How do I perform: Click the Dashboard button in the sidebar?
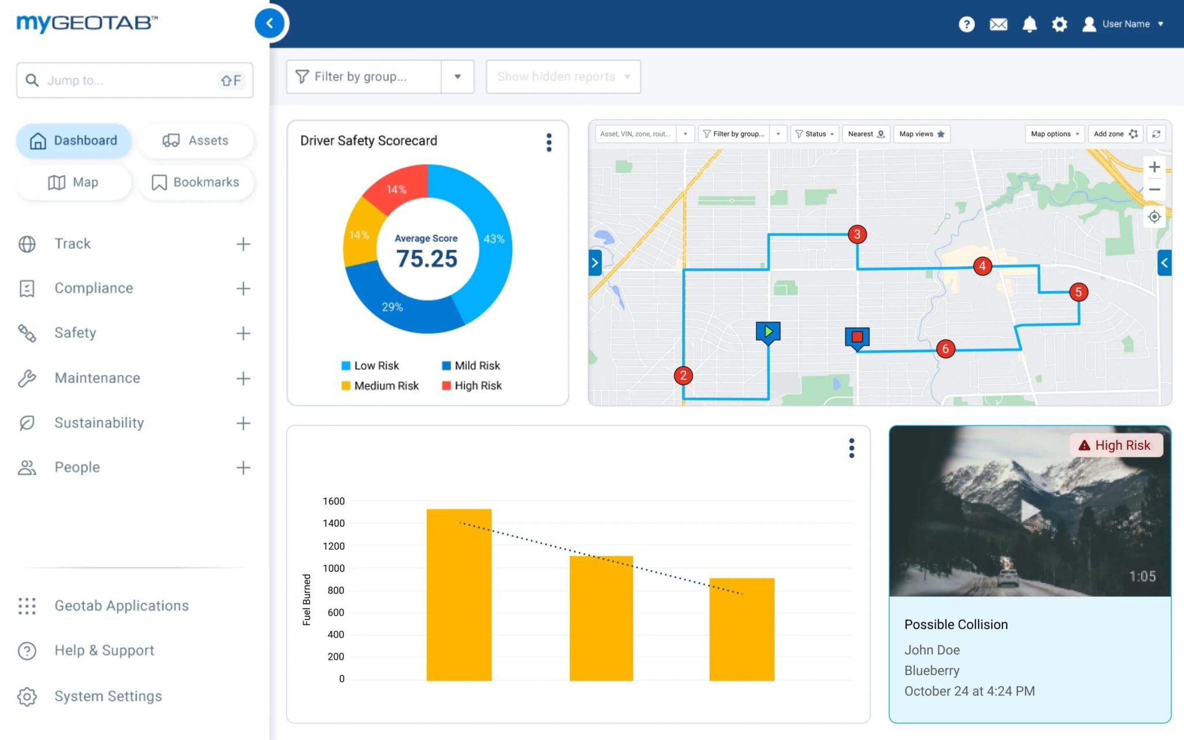(x=73, y=140)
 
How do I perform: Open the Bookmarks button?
(x=195, y=182)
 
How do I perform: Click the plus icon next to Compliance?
(x=243, y=288)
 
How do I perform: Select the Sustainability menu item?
(x=99, y=423)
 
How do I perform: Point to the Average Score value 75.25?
(x=427, y=258)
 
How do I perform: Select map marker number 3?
(x=857, y=234)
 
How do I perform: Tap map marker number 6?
(x=945, y=349)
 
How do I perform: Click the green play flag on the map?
(x=768, y=332)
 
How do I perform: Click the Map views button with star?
(x=922, y=134)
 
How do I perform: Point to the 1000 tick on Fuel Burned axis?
(x=334, y=568)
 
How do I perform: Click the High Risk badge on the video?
(x=1115, y=445)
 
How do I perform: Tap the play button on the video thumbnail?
(x=1029, y=511)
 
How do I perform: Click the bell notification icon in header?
(x=1029, y=24)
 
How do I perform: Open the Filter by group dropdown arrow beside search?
(x=457, y=77)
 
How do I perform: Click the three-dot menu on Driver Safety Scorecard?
(x=549, y=142)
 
